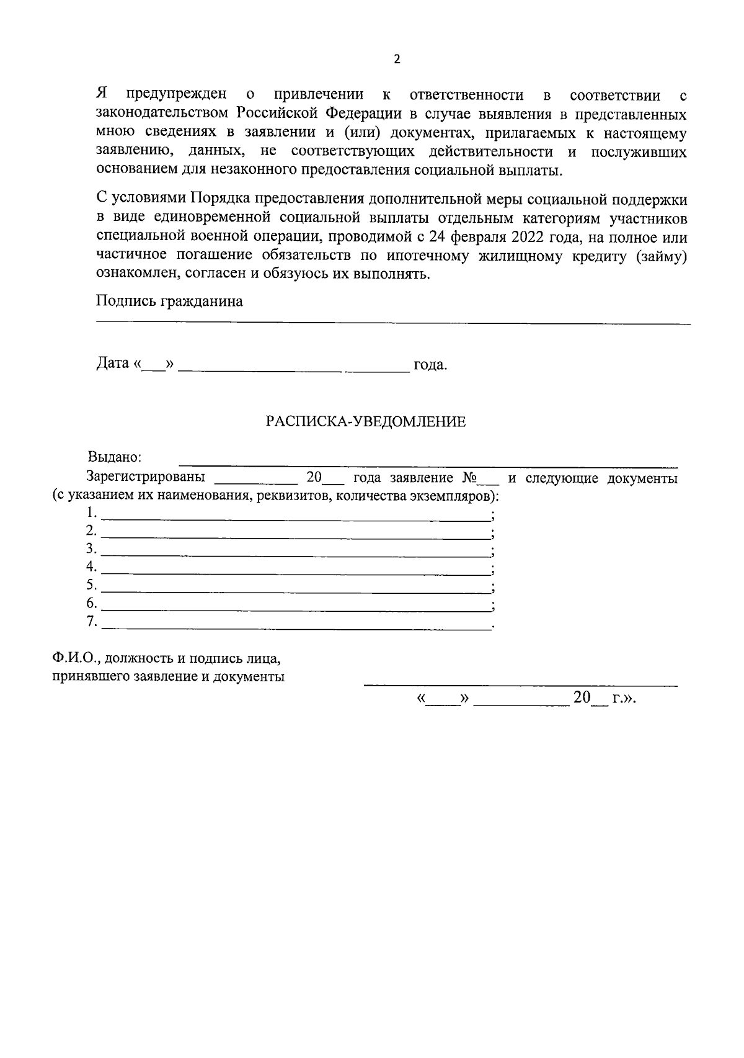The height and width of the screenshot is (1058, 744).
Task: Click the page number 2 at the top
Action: [x=397, y=60]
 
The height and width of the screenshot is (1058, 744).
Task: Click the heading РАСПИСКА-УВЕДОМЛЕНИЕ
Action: [x=366, y=422]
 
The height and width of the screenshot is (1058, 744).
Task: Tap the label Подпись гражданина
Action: [x=169, y=302]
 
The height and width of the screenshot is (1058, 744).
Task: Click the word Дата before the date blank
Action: [x=112, y=364]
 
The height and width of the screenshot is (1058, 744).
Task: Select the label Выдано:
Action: [x=115, y=458]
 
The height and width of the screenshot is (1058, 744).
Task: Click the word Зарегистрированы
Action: [x=146, y=478]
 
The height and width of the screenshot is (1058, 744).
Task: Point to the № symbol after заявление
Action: [x=469, y=478]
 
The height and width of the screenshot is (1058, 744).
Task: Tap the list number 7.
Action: [x=92, y=621]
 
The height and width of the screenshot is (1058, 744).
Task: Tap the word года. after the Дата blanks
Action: [x=430, y=365]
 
